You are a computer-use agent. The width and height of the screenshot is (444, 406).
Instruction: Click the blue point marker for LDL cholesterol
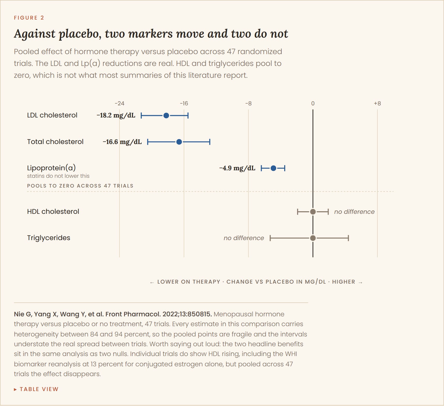click(x=166, y=115)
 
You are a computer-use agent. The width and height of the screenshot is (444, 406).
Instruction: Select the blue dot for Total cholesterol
click(x=179, y=142)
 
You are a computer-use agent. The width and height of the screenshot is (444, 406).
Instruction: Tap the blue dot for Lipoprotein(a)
click(x=273, y=168)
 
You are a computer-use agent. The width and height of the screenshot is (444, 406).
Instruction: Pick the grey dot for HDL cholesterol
click(x=313, y=212)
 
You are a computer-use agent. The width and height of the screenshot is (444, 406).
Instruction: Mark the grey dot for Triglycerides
click(x=313, y=238)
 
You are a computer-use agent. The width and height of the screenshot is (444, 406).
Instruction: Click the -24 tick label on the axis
click(x=120, y=104)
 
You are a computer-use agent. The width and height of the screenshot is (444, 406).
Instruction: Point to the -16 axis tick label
click(x=184, y=104)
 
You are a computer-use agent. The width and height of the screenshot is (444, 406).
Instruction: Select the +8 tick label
click(x=377, y=104)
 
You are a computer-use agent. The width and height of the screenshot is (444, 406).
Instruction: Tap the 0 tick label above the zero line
click(x=313, y=104)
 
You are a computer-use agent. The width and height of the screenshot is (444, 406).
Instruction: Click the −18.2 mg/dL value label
click(x=116, y=115)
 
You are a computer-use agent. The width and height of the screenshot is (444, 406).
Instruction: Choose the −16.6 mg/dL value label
click(x=122, y=142)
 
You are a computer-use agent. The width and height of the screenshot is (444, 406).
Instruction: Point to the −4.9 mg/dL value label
click(x=237, y=168)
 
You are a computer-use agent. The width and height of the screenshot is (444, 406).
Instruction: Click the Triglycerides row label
click(x=49, y=238)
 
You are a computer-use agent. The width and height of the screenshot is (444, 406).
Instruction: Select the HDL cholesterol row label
click(x=53, y=212)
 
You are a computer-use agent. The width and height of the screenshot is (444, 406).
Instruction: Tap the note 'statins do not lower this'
click(x=58, y=176)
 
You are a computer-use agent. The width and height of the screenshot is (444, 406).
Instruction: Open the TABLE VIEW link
click(x=36, y=389)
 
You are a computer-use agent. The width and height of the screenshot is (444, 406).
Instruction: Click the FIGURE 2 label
click(x=29, y=18)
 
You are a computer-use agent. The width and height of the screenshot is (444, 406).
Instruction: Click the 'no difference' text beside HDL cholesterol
click(x=354, y=212)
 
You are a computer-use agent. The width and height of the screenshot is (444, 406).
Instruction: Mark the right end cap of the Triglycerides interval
click(x=348, y=238)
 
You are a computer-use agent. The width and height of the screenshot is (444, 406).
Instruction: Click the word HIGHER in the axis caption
click(x=344, y=282)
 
